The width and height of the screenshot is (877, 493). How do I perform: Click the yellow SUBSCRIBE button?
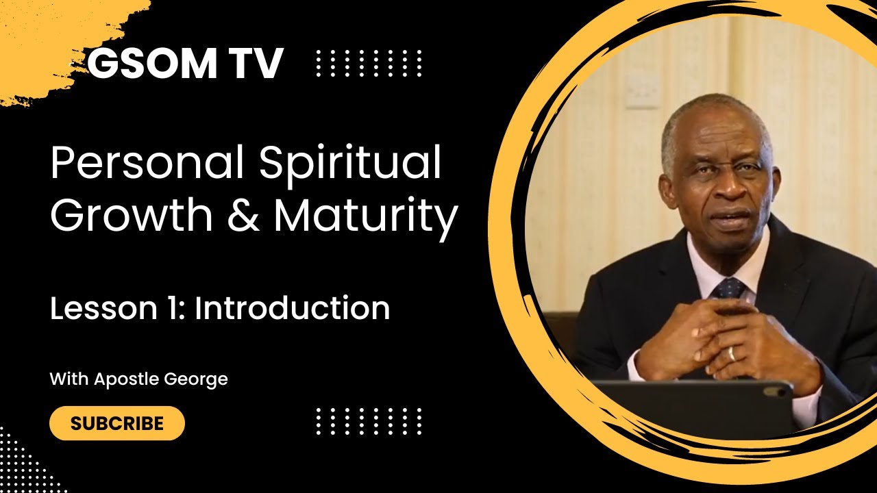[x=117, y=423]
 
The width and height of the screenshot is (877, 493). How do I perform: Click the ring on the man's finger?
[x=732, y=353]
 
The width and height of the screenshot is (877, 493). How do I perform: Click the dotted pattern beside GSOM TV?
[x=369, y=64]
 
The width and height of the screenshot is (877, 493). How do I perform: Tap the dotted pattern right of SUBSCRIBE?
[x=369, y=421]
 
